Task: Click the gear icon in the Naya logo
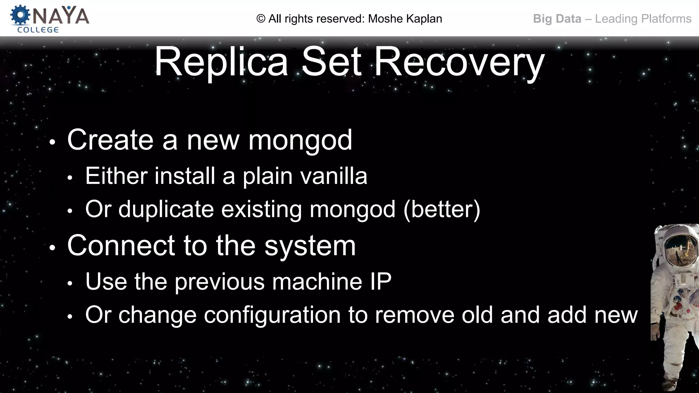click(x=20, y=15)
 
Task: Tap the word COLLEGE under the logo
click(x=38, y=30)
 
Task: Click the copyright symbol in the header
click(x=261, y=19)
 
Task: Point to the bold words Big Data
click(x=557, y=19)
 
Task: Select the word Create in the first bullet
click(x=110, y=140)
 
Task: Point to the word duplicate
click(x=166, y=209)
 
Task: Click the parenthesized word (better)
click(x=442, y=209)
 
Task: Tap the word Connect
click(x=121, y=246)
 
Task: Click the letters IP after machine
click(x=381, y=281)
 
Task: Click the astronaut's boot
click(x=670, y=383)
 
